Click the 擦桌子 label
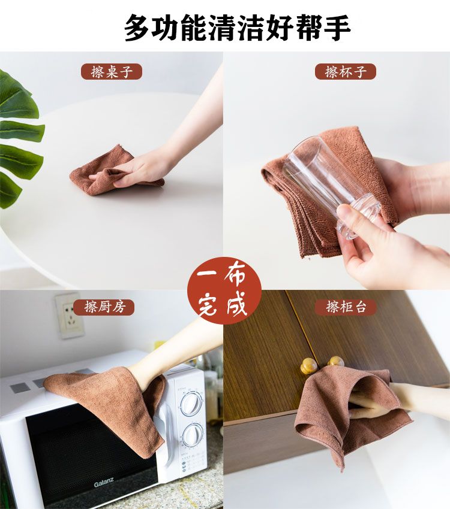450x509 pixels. click(112, 72)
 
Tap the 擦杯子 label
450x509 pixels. click(346, 72)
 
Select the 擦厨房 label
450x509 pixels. click(104, 307)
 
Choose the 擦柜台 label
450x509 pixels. click(346, 307)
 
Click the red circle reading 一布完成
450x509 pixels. click(224, 290)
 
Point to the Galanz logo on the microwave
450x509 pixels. click(104, 483)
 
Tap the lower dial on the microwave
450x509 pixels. click(192, 435)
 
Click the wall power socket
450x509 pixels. click(69, 316)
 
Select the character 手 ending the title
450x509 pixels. click(337, 28)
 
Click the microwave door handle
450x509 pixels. click(164, 435)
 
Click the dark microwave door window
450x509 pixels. click(88, 455)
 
